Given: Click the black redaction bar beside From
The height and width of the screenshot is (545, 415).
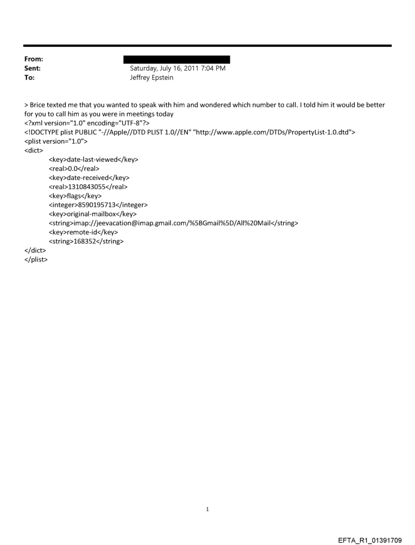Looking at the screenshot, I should pos(176,59).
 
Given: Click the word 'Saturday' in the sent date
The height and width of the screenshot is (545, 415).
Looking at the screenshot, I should pos(145,68).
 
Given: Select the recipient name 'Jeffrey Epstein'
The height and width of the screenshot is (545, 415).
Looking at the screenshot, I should pos(152,77).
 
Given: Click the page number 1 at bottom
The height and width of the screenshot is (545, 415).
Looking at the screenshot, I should pos(207,509).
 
